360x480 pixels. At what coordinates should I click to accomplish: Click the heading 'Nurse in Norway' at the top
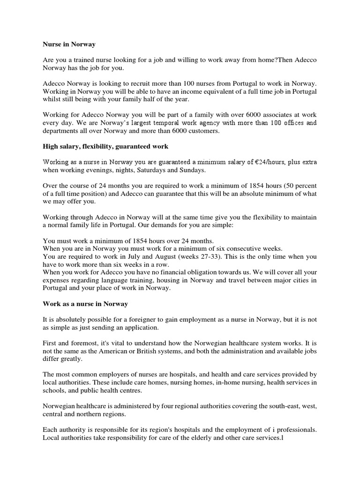69,44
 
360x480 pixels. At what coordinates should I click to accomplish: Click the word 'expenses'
56,281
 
